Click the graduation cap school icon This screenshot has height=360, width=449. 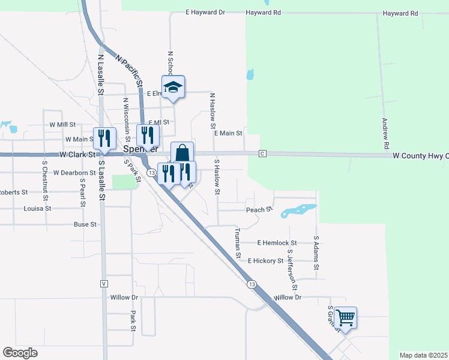point(173,86)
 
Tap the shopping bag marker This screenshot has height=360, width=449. point(182,152)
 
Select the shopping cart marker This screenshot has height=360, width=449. point(345,317)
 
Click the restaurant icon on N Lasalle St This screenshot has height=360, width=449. point(104,139)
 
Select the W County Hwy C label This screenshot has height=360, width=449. point(420,155)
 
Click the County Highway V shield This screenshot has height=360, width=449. point(104,283)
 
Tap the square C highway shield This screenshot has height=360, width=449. point(262,154)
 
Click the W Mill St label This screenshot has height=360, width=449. point(62,125)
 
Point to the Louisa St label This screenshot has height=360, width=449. point(38,209)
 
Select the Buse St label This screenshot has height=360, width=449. point(85,224)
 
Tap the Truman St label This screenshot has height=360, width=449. point(238,244)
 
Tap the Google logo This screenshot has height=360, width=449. point(20,353)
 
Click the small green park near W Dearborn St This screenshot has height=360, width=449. point(124,181)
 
